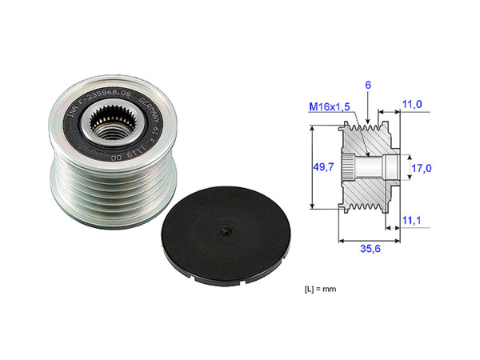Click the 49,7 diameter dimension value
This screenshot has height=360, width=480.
(x=323, y=166)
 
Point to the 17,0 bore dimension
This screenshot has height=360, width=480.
(x=422, y=168)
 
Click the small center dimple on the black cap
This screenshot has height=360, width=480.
(x=226, y=232)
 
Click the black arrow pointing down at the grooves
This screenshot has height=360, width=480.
(x=366, y=112)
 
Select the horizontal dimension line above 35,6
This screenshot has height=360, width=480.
(x=369, y=238)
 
